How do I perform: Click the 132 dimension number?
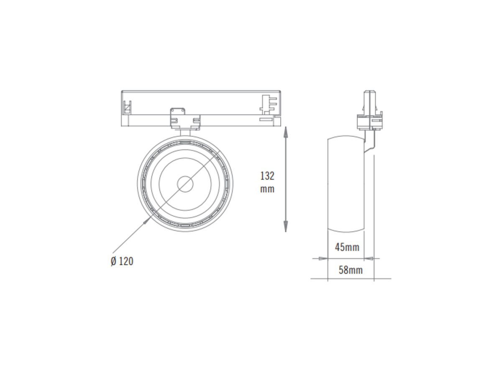(267, 176)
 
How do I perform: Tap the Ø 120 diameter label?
(122, 261)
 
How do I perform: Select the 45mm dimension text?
(347, 247)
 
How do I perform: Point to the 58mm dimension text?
(351, 270)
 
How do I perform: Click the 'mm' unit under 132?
(267, 189)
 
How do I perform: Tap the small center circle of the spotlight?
(185, 184)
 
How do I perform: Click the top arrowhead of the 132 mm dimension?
(286, 132)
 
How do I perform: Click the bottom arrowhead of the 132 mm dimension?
(286, 226)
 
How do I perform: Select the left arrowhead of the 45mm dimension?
(323, 258)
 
